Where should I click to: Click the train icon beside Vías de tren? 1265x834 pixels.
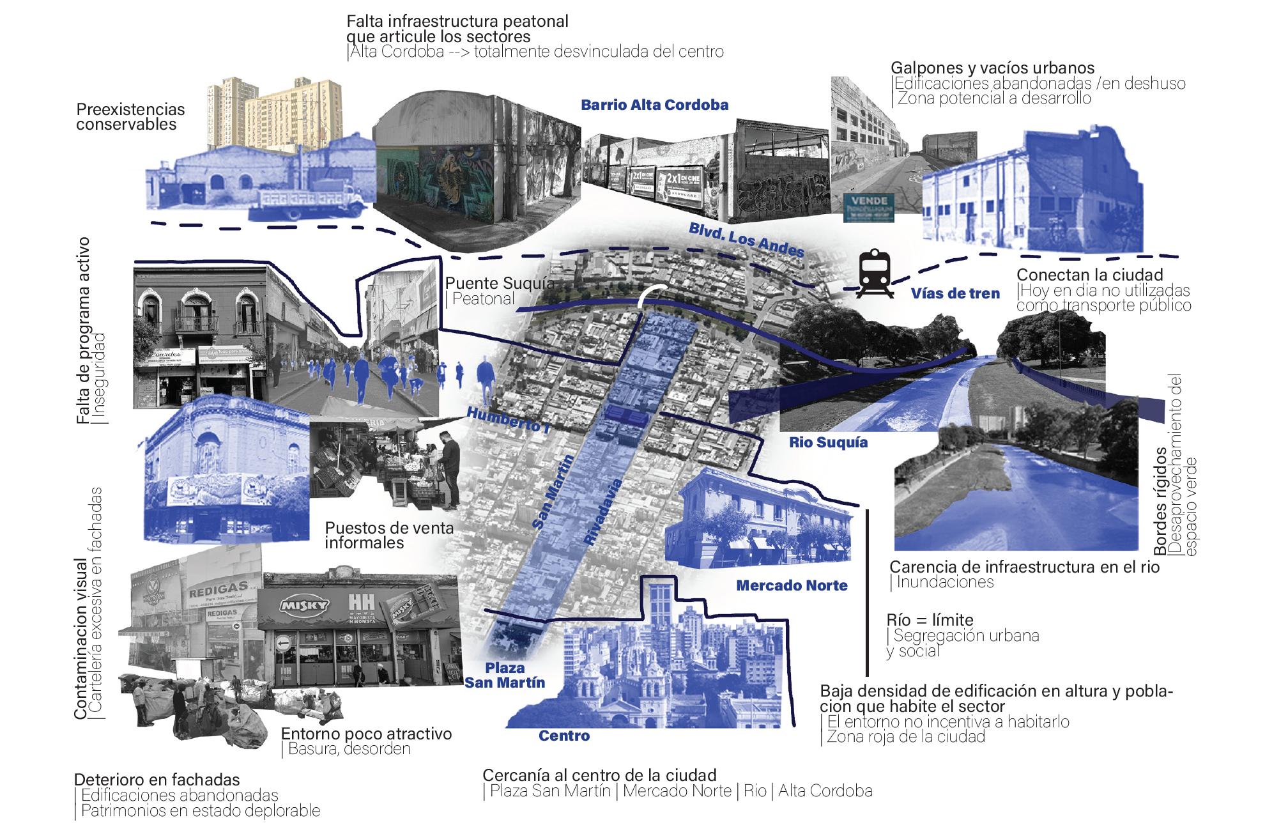873,274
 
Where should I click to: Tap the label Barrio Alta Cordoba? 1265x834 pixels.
654,105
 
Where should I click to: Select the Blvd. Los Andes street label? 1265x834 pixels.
746,240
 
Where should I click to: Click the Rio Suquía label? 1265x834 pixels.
828,442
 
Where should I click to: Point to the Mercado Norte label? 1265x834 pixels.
792,585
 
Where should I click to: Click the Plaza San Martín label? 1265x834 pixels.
505,675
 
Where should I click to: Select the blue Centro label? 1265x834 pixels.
563,736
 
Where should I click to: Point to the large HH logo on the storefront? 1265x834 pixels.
356,604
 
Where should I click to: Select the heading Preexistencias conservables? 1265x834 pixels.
130,116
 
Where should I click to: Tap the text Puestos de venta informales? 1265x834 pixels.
389,536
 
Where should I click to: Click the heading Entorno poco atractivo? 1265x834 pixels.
366,734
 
